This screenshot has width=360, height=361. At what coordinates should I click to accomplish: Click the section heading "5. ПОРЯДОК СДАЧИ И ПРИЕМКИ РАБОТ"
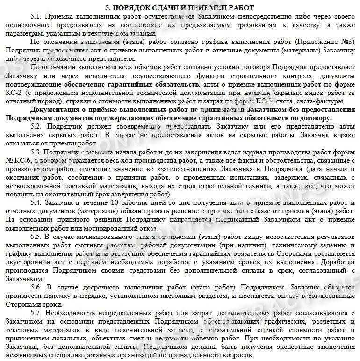click(x=180, y=7)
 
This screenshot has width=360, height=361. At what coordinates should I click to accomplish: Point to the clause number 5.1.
click(x=36, y=16)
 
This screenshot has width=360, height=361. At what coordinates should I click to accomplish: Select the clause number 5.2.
click(x=36, y=127)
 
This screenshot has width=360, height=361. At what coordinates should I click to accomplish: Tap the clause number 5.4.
click(x=36, y=202)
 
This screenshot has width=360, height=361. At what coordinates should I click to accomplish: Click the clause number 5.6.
click(x=36, y=286)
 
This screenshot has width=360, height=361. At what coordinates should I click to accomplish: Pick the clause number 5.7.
click(x=36, y=312)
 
